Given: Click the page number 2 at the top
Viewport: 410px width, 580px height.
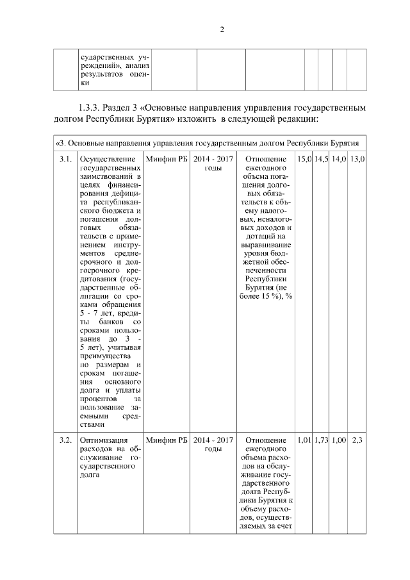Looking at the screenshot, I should (221, 29).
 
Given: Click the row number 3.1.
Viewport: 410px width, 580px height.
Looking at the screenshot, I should (64, 158).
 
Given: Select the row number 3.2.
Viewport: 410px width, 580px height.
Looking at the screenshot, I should (64, 440).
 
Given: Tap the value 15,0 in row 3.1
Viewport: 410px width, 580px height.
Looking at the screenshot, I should (304, 158).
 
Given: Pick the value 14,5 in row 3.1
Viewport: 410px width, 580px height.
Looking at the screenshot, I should (321, 158).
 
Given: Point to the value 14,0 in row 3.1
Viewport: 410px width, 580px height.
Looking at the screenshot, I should (338, 158).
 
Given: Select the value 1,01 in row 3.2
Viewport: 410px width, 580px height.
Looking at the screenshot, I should (304, 440).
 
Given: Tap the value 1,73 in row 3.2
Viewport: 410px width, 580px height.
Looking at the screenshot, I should (321, 440).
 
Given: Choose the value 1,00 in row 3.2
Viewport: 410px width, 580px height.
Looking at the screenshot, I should (338, 440).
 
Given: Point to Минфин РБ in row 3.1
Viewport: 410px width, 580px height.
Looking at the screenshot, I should (166, 158).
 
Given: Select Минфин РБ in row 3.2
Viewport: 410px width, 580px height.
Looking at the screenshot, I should (166, 440).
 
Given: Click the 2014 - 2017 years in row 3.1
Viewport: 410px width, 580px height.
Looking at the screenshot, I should (213, 158).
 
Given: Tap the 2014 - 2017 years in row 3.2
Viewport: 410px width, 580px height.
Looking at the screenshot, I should (213, 440).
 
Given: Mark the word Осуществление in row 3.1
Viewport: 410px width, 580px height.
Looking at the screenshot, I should (107, 158).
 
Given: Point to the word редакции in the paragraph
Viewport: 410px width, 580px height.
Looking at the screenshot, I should (295, 120).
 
